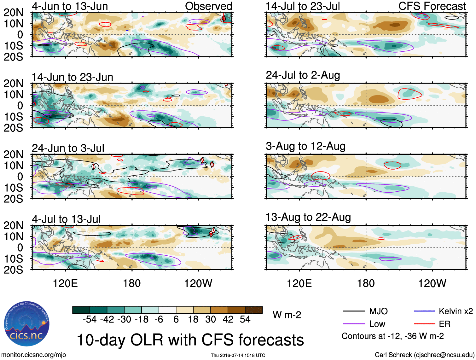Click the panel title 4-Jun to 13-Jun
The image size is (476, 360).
[70, 6]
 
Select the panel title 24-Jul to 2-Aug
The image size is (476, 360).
[303, 75]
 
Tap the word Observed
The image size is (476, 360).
[208, 6]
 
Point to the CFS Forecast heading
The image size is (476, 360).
[432, 6]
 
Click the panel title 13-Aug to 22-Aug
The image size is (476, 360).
[308, 217]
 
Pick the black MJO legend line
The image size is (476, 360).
[354, 311]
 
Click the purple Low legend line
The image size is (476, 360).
[354, 324]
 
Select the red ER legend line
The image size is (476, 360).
[424, 324]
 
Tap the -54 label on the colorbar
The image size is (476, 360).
[90, 320]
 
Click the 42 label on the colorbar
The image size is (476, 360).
[228, 320]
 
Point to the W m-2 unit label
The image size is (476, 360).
[287, 315]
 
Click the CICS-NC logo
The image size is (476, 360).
[26, 324]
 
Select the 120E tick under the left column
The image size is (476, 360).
[65, 283]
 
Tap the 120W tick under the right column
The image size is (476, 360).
[432, 283]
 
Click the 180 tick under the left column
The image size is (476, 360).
[132, 283]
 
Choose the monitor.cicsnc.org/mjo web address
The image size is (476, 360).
[34, 355]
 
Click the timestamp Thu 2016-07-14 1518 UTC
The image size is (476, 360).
[238, 355]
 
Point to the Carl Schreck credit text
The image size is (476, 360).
[424, 355]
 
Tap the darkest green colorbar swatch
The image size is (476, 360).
[81, 310]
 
